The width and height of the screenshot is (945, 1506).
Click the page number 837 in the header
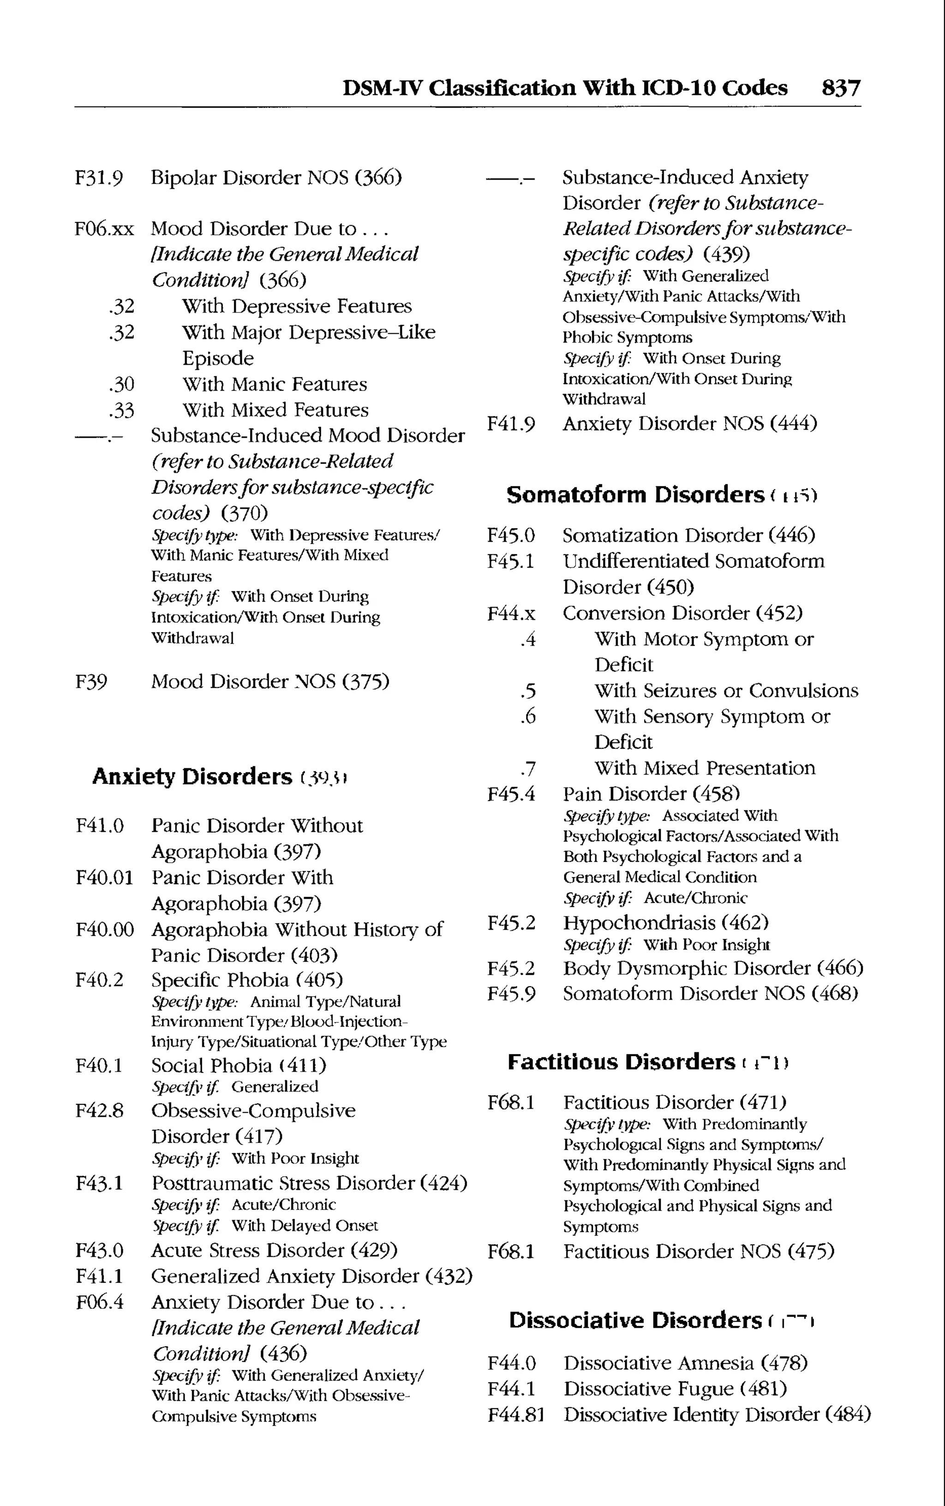[841, 88]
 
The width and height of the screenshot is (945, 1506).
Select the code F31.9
[99, 178]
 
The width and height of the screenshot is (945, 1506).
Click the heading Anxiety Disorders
[192, 777]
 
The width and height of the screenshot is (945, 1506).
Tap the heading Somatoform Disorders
[635, 494]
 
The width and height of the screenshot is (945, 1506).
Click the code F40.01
[104, 878]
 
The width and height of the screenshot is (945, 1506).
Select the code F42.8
[99, 1111]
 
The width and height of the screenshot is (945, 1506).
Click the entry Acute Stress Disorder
[247, 1250]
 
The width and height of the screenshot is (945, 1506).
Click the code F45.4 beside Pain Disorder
[511, 795]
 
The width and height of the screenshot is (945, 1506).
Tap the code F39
[91, 681]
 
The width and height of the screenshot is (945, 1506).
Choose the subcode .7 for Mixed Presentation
[528, 768]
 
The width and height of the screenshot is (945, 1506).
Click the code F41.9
[511, 424]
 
